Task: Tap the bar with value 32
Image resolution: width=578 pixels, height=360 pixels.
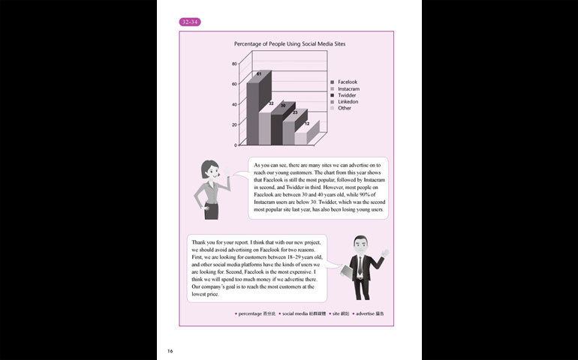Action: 265,127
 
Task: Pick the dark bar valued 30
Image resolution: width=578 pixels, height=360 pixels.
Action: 277,129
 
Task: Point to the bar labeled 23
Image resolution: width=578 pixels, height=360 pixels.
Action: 289,132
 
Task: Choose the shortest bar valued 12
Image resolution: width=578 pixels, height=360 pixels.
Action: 301,137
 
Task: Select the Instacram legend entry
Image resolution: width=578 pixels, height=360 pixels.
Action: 348,88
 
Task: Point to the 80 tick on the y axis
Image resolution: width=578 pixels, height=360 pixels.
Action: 235,64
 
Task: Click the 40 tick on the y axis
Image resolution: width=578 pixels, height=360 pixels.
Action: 235,104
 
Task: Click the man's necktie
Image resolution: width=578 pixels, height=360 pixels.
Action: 361,264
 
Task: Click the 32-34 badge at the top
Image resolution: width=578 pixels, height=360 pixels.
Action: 190,22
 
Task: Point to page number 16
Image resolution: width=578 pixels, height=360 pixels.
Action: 170,349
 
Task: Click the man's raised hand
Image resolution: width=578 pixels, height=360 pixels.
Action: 385,252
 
